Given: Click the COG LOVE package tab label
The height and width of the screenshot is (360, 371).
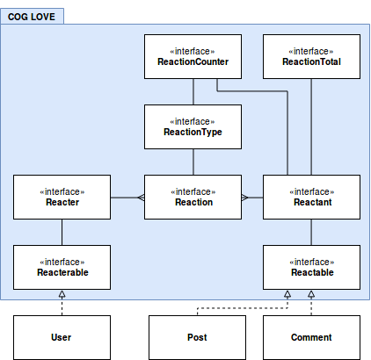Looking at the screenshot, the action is (32, 17).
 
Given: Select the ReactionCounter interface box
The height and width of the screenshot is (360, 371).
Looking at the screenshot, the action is (193, 56).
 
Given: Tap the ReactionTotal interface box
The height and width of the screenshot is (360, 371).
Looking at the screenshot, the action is (311, 56).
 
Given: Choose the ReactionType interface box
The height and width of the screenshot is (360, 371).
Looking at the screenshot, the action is (193, 126).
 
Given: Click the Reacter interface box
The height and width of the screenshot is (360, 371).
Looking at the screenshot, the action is (62, 197).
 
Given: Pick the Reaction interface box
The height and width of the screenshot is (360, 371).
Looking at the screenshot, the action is (193, 197).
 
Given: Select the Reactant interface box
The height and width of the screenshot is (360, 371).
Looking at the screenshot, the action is (311, 197).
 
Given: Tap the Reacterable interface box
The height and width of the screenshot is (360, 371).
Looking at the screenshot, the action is (62, 267).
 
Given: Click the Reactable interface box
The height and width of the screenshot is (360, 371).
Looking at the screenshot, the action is (311, 267).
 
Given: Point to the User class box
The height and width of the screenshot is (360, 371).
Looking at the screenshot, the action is (62, 337).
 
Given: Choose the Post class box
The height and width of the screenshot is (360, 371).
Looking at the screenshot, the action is (197, 337).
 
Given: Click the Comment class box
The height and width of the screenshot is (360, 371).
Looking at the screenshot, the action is (311, 337).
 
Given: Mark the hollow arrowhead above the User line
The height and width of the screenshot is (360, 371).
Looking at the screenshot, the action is (62, 294).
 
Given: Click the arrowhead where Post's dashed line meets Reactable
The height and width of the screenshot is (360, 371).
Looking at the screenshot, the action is (287, 294).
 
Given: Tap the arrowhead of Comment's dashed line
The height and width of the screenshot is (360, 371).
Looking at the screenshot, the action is (311, 294).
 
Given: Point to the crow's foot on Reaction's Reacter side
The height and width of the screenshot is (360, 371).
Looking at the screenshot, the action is (141, 198).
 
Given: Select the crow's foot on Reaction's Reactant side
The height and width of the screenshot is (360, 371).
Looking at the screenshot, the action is (245, 198).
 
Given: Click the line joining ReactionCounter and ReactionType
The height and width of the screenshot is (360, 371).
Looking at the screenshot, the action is (193, 91).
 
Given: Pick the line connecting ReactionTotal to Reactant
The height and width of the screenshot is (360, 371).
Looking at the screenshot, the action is (311, 126).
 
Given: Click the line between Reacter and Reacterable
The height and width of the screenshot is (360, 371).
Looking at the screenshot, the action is (62, 232).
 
